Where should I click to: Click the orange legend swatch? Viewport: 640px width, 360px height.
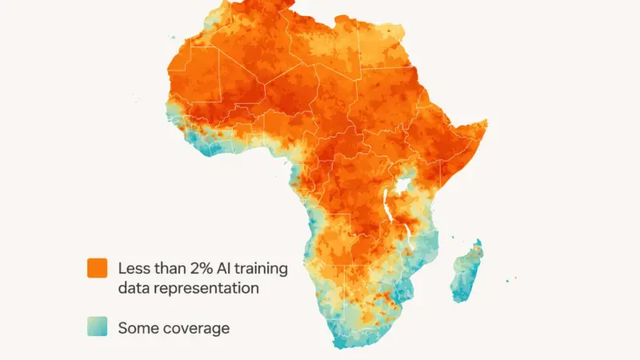[97, 269]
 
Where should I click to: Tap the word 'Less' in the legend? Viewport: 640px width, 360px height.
[133, 269]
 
